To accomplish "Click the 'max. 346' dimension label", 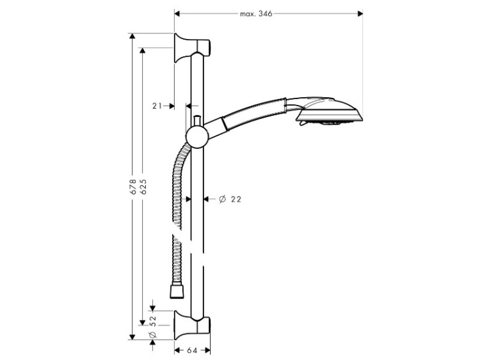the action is [256, 14].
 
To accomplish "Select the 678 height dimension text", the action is [133, 187].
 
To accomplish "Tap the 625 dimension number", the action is [143, 187].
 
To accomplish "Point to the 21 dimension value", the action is [157, 106].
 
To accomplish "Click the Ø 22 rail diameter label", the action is [230, 199].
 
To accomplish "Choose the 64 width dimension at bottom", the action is [192, 350].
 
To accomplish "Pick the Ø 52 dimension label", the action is [153, 326].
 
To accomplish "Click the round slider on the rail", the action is [198, 136].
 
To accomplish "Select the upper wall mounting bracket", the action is [191, 48].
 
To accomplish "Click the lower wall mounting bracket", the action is [191, 325].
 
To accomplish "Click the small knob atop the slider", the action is [198, 120].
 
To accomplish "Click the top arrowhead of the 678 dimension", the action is [132, 36].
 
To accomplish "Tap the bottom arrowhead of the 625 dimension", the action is [142, 322].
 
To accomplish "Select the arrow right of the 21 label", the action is [169, 106].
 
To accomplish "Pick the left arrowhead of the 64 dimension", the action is [177, 350].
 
